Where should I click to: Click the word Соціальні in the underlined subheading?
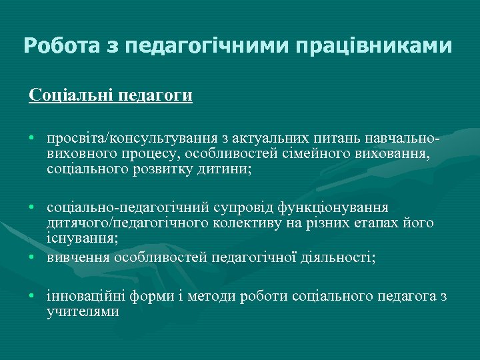[71, 95]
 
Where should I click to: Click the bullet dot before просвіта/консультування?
[32, 139]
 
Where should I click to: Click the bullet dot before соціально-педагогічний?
[32, 208]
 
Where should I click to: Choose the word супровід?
[243, 208]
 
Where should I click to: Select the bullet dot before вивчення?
[32, 257]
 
